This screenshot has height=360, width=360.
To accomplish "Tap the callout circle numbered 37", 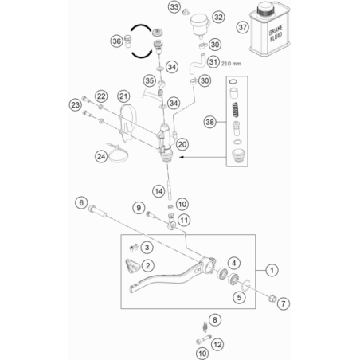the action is pyautogui.click(x=242, y=27).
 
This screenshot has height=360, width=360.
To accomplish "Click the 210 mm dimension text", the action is pyautogui.click(x=231, y=64).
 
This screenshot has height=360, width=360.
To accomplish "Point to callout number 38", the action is pyautogui.click(x=209, y=122).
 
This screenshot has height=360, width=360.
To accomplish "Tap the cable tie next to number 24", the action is pyautogui.click(x=117, y=154).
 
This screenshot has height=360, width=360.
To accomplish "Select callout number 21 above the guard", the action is pyautogui.click(x=123, y=96).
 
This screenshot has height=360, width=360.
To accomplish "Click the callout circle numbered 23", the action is pyautogui.click(x=76, y=105).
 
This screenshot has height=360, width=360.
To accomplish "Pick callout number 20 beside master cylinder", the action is pyautogui.click(x=182, y=145).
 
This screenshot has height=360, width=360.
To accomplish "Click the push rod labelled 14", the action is pyautogui.click(x=170, y=190).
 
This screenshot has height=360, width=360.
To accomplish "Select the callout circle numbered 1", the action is pyautogui.click(x=272, y=271).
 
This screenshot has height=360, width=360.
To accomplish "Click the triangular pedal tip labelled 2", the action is pyautogui.click(x=132, y=266).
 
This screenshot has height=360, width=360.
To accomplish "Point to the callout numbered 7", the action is pyautogui.click(x=284, y=303).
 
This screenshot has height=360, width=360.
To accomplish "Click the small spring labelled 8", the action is pyautogui.click(x=205, y=327).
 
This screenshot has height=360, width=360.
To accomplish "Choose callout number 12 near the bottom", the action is pyautogui.click(x=217, y=345).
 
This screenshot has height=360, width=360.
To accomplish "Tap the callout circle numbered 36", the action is pyautogui.click(x=117, y=41).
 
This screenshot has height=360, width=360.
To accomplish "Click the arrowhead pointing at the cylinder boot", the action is pyautogui.click(x=182, y=157).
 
